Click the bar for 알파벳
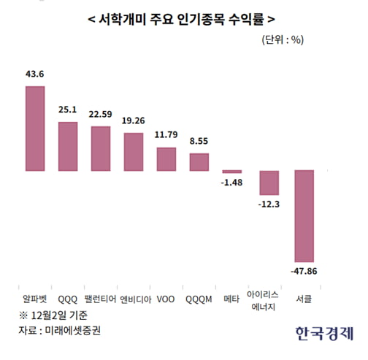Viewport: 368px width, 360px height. coord(35,128)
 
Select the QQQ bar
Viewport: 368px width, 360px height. coord(68,145)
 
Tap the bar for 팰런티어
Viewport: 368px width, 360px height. coord(101,148)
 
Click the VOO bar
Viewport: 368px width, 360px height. coord(166,158)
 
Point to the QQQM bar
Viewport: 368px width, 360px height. coord(199,161)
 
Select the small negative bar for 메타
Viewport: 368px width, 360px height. coord(232,172)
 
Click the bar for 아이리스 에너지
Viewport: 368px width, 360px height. coord(270,181)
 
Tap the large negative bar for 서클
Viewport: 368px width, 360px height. coord(304,216)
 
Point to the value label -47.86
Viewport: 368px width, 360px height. coord(304,272)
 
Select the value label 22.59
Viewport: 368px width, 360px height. coord(101,113)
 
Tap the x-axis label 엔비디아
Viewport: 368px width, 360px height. coord(134,298)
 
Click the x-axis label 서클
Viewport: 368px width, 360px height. coord(304,298)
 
